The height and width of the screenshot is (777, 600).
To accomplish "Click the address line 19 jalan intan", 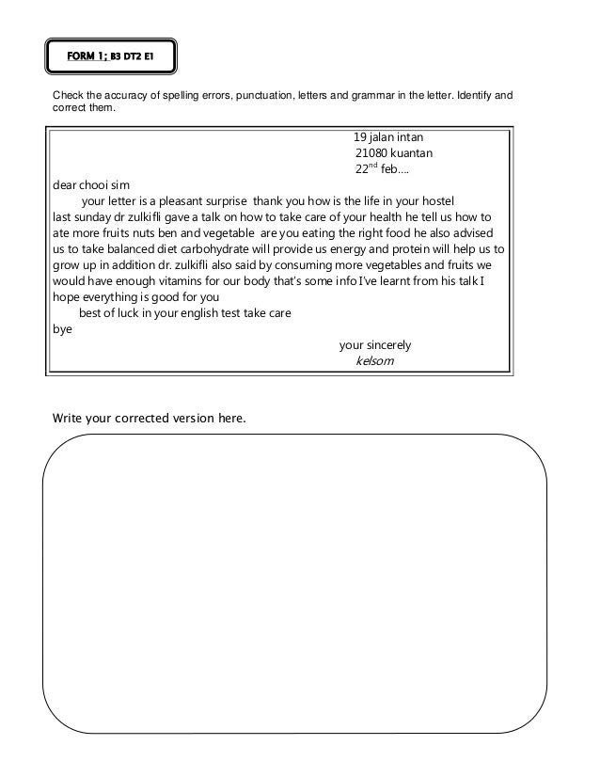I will coord(388,136).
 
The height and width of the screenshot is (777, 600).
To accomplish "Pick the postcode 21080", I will coord(372,153).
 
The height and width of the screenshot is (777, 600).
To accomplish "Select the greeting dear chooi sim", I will coord(88,185).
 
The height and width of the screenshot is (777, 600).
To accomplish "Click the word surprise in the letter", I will coord(222,201).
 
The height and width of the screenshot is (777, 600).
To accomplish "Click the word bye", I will coord(60,329).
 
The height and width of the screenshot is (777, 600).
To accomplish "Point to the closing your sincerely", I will coord(374,344).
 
